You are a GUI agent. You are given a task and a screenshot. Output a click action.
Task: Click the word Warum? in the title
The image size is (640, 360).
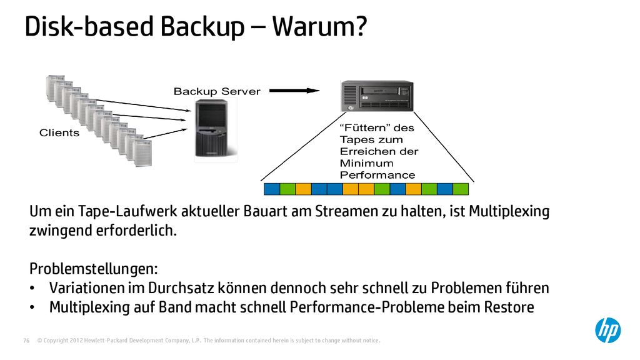click(x=319, y=26)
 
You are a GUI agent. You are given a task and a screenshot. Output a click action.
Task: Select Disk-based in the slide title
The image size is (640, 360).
click(x=89, y=26)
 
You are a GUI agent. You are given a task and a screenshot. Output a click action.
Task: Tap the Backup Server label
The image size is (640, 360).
click(x=217, y=91)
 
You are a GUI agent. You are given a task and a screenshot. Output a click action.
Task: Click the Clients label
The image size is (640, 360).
click(x=59, y=132)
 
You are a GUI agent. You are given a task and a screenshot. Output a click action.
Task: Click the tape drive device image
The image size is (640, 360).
click(x=377, y=96)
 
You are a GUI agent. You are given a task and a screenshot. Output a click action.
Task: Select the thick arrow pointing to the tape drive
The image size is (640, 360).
click(x=294, y=91)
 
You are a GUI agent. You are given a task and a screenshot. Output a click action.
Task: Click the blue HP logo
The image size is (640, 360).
click(x=607, y=330)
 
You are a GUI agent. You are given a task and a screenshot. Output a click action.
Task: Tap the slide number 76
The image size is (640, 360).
click(x=26, y=341)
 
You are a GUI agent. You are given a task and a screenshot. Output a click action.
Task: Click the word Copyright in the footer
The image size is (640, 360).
click(x=56, y=341)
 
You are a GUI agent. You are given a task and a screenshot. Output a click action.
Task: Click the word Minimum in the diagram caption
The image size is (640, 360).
click(x=366, y=163)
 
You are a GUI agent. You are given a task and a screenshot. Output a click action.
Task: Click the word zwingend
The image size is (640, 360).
click(x=61, y=231)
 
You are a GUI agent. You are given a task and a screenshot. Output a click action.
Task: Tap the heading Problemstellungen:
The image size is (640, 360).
click(x=94, y=269)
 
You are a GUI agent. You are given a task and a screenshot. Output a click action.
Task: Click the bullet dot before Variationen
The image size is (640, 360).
click(x=32, y=289)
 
